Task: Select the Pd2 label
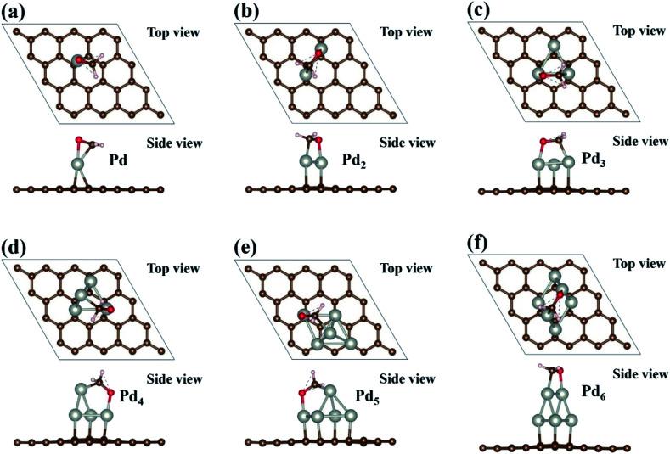click(x=347, y=158)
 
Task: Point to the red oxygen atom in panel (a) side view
click(x=78, y=139)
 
